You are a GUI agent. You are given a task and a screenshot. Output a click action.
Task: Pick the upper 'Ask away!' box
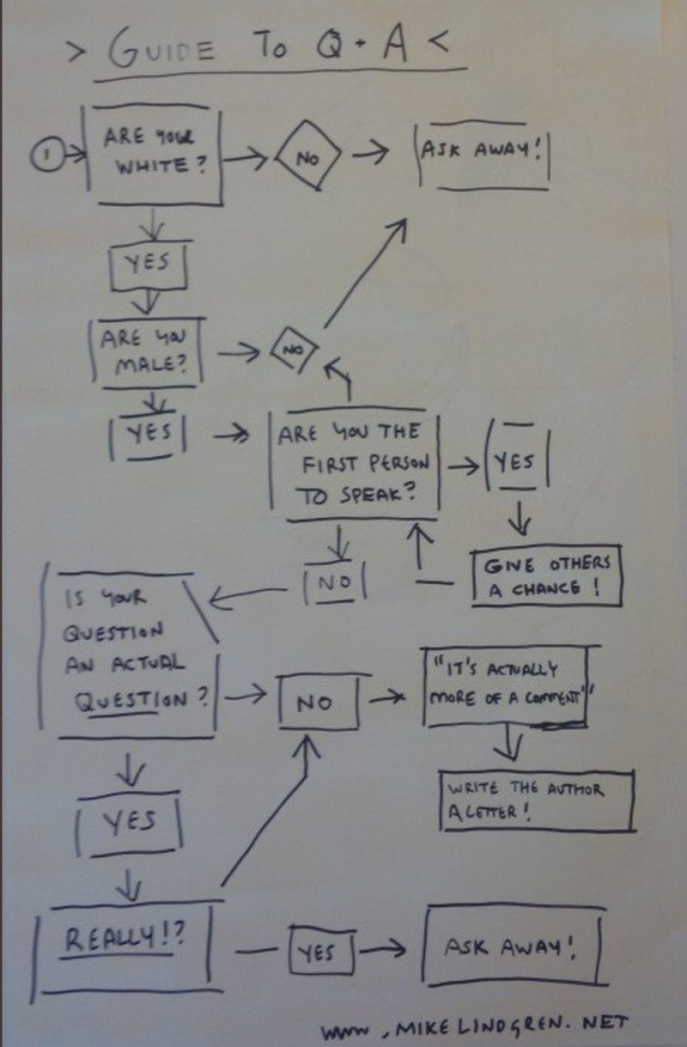click(481, 152)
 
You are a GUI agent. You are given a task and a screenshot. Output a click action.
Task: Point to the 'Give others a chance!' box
click(546, 575)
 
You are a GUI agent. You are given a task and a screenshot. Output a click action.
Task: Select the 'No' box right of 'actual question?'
click(313, 703)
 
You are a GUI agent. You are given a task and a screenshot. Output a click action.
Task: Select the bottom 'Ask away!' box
click(510, 947)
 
